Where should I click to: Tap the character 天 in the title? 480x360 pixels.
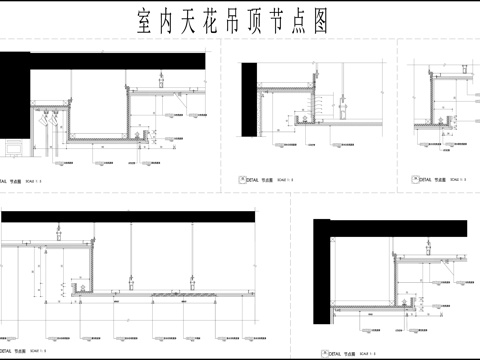click(198, 22)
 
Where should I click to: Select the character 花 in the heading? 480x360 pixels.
click(224, 22)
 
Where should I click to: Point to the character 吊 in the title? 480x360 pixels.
click(250, 22)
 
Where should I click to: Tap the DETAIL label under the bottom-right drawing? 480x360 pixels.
click(334, 353)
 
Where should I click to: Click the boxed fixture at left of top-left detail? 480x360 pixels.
click(15, 147)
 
